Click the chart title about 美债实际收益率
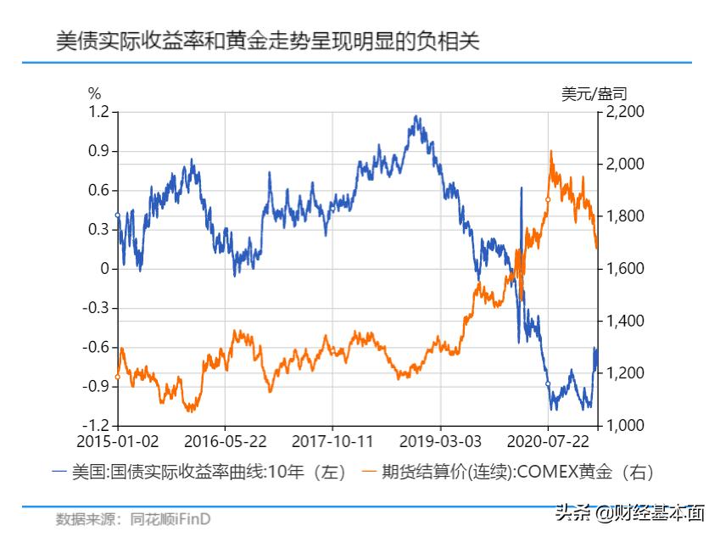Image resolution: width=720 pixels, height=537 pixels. click(267, 40)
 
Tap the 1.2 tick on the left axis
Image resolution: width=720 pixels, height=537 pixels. click(99, 112)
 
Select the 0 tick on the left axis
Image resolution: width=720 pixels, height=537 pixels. click(105, 269)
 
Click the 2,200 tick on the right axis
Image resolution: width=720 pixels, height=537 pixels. click(626, 112)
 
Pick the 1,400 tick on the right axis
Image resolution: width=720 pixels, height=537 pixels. click(626, 322)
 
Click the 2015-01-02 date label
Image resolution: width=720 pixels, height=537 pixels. click(117, 443)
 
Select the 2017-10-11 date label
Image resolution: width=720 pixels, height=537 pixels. click(332, 443)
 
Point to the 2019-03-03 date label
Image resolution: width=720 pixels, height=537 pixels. click(440, 443)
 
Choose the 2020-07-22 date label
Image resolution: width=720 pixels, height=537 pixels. click(548, 443)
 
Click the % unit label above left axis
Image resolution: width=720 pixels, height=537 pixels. click(94, 92)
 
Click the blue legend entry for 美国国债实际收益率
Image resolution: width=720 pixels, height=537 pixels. click(199, 473)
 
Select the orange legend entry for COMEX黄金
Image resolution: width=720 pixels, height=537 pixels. click(508, 473)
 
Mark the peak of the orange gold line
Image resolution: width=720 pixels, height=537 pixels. click(552, 152)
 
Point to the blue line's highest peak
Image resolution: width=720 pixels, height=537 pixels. click(416, 116)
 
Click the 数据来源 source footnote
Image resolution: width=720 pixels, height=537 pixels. click(133, 518)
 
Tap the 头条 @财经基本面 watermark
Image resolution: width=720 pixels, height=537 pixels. click(629, 512)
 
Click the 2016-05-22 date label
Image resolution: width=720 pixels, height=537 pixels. click(225, 443)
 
